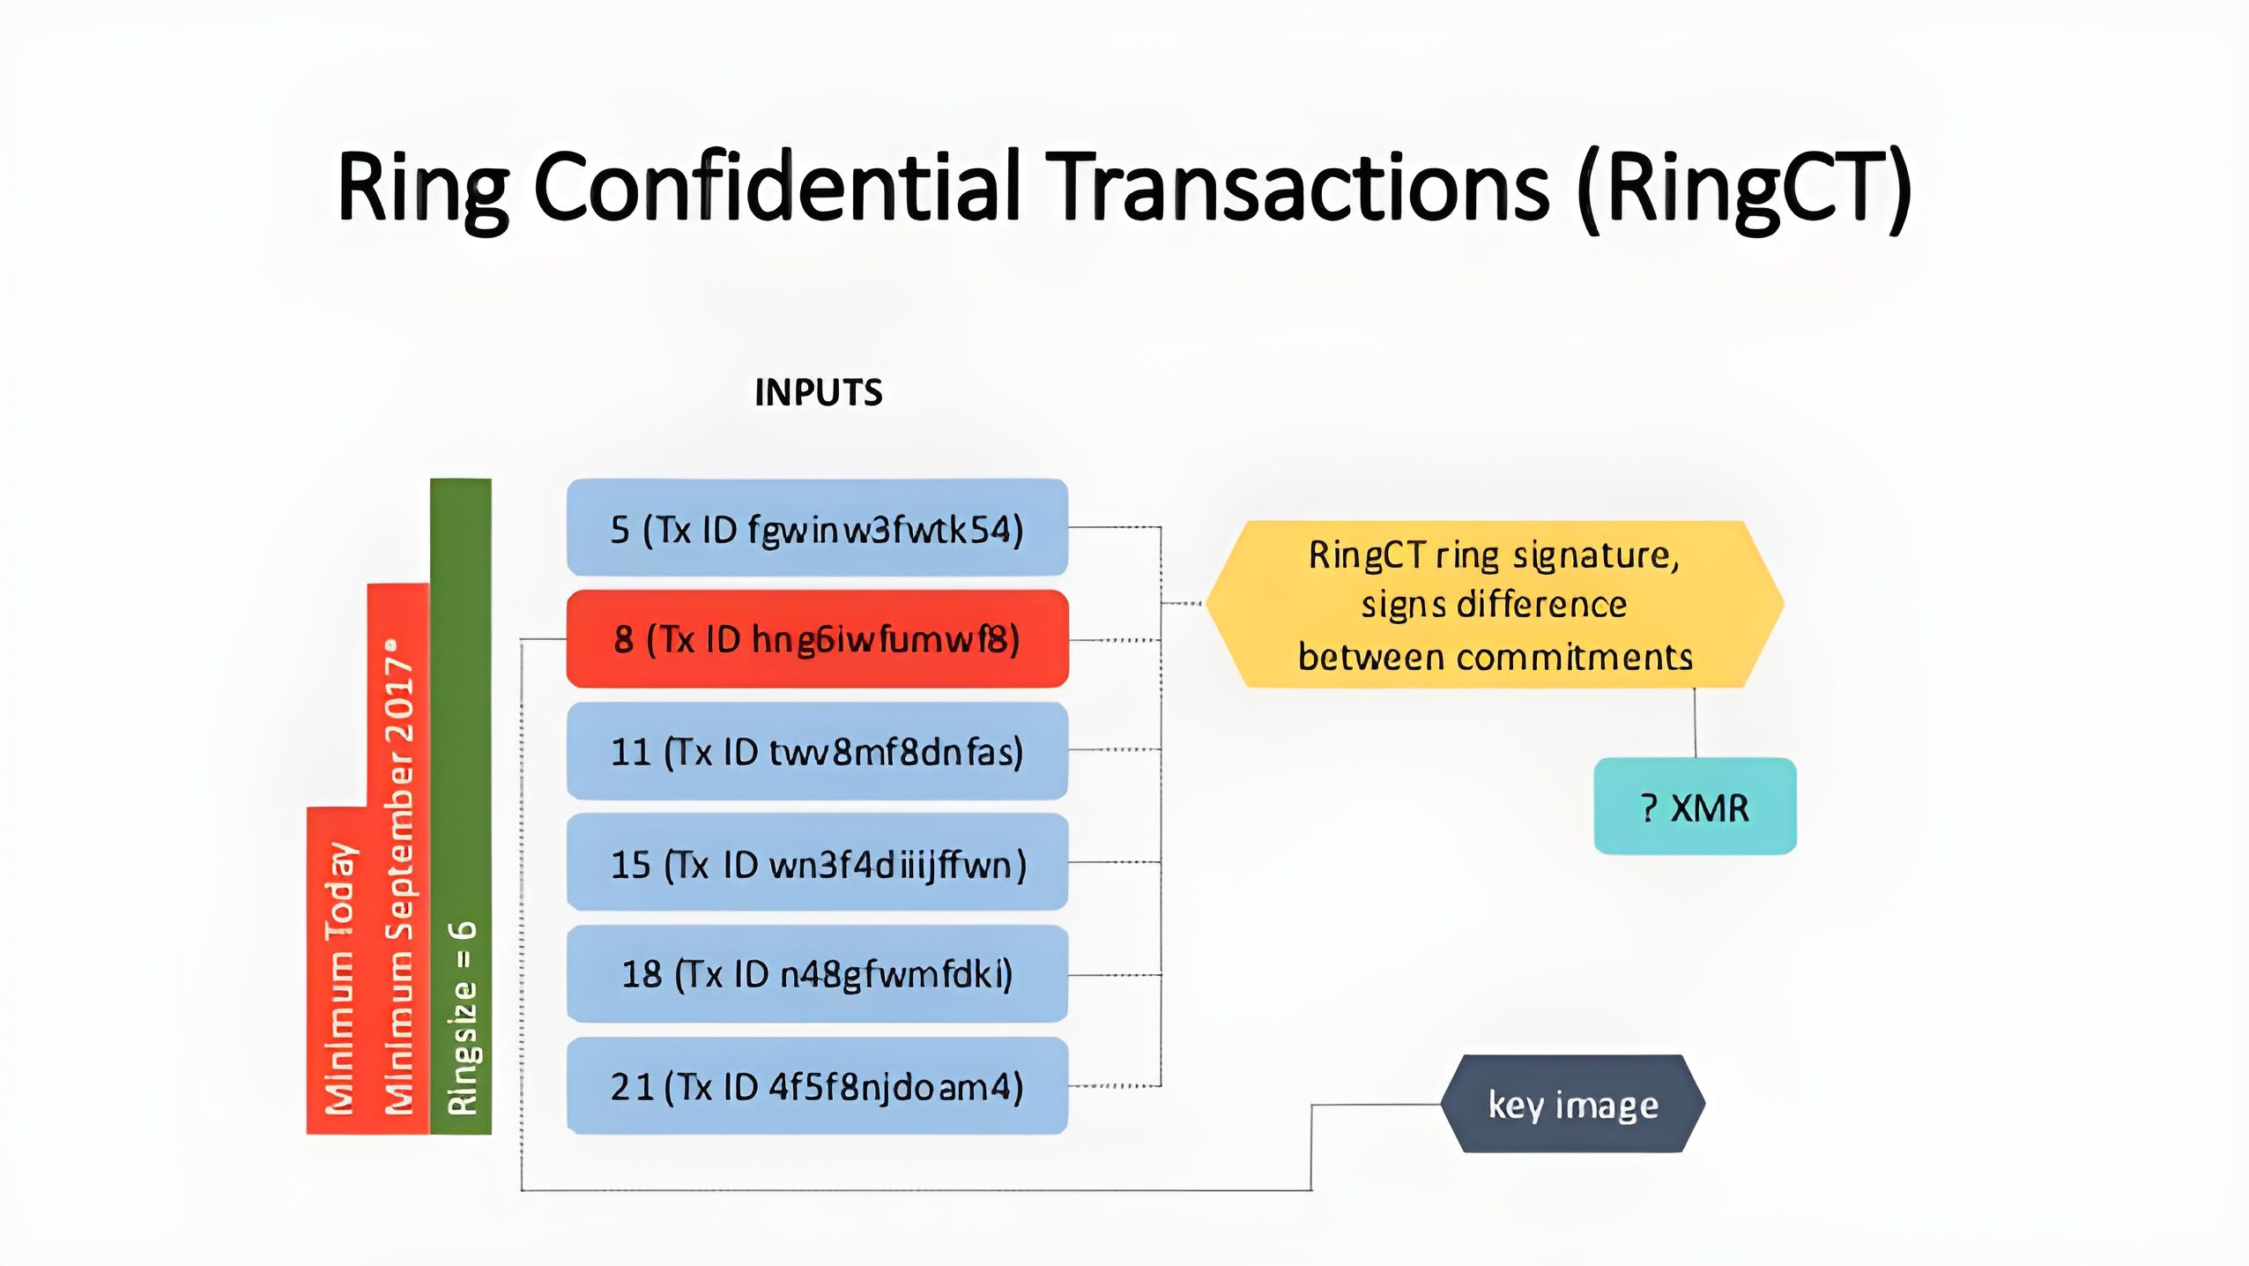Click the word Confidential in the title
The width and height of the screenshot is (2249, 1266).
[776, 187]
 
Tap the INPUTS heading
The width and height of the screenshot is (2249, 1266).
[818, 392]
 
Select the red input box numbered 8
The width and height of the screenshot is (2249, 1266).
[817, 639]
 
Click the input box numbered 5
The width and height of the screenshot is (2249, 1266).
[817, 528]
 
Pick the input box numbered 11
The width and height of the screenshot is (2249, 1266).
[817, 751]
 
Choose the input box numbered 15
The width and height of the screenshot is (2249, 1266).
[817, 863]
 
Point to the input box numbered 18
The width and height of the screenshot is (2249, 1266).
[817, 974]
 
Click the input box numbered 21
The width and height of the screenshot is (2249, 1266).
[817, 1085]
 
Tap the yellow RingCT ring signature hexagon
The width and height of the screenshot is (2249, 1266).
[1495, 605]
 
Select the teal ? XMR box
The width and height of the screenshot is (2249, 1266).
[1695, 807]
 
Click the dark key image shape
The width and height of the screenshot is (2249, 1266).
[1573, 1104]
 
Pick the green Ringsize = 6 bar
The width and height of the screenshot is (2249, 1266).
[461, 807]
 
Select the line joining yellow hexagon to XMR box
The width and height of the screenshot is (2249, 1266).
[1695, 723]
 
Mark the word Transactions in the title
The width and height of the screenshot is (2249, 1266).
[1303, 187]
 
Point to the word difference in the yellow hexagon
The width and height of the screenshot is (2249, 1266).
[1541, 605]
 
